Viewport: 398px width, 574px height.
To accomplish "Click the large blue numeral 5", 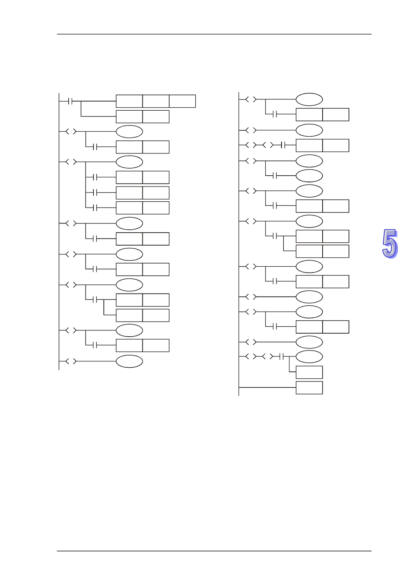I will point(390,244).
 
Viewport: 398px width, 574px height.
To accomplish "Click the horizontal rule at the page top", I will point(214,34).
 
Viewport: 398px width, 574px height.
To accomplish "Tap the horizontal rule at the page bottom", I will point(214,551).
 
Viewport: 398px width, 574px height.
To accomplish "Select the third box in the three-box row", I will point(182,101).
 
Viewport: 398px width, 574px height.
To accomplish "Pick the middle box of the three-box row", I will point(156,101).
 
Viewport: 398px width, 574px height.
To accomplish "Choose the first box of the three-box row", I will point(129,101).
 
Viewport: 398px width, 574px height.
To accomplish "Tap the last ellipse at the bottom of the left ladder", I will point(129,361).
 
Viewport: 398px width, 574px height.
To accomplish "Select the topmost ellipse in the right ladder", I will point(309,99).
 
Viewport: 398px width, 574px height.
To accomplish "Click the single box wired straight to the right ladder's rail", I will point(309,387).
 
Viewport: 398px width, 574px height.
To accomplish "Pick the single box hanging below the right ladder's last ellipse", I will point(309,372).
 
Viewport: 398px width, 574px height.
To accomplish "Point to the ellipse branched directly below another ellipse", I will point(309,176).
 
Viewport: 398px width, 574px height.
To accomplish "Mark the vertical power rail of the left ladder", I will point(59,231).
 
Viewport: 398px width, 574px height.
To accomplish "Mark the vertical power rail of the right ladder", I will point(239,243).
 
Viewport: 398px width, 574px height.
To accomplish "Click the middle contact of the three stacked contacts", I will point(95,192).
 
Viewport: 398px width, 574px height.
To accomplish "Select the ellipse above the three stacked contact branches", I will point(129,162).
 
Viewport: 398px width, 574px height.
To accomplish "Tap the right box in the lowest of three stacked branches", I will point(156,208).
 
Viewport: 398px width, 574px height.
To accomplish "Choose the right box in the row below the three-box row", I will point(156,117).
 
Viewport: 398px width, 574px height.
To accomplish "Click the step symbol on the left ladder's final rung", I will point(70,361).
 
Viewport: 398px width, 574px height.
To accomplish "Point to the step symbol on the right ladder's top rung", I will point(251,99).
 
